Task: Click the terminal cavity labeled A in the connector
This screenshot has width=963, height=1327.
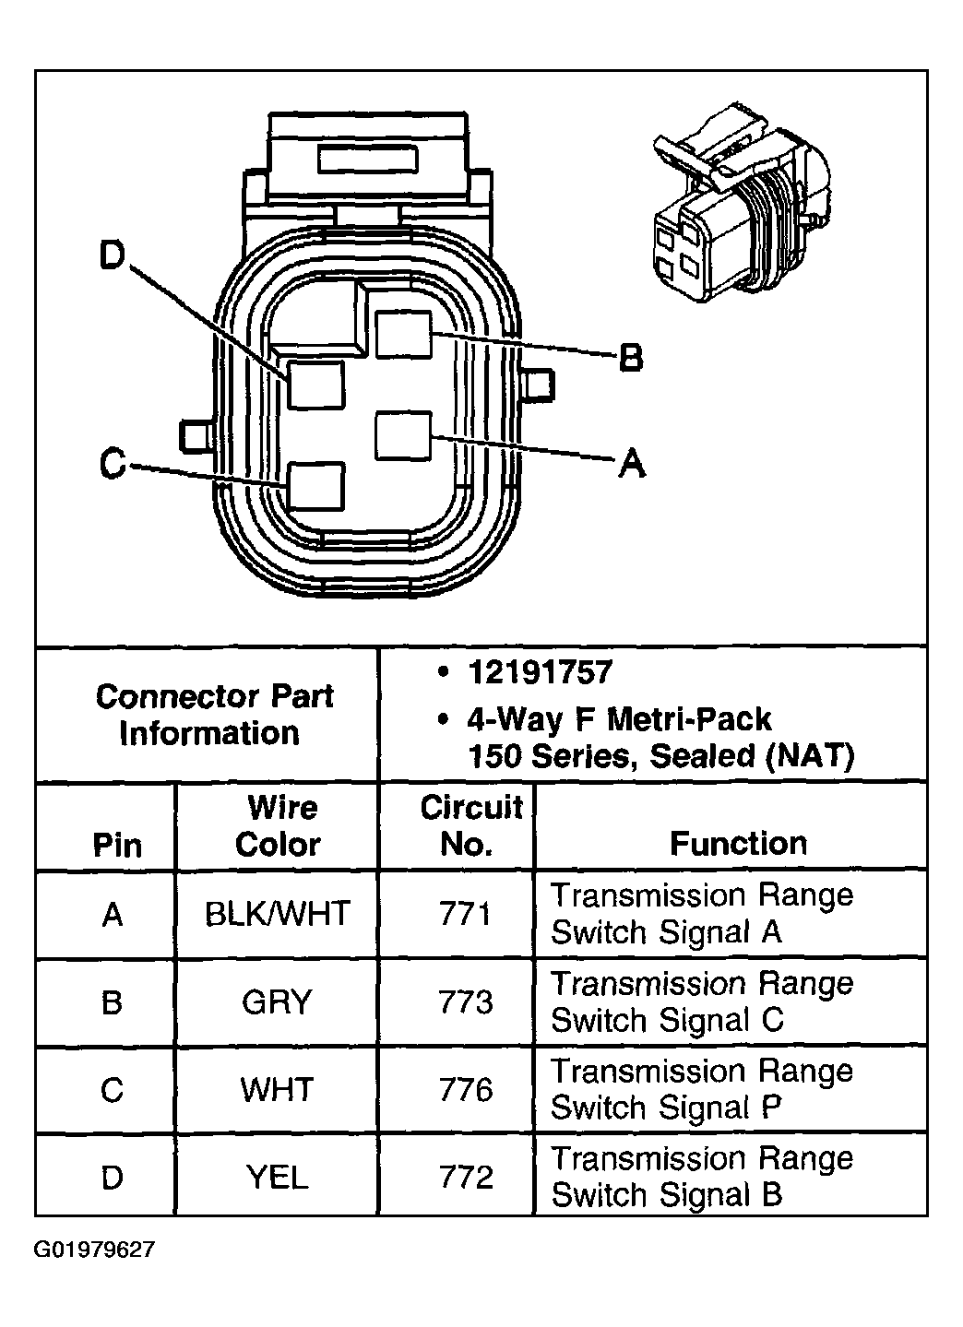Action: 403,435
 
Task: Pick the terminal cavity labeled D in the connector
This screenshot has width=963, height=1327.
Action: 315,385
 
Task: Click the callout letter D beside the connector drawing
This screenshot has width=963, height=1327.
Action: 112,256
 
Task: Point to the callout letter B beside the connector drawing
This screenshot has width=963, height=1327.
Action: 630,357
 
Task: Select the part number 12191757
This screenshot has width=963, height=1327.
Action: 540,672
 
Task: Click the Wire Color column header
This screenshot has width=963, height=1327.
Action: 278,826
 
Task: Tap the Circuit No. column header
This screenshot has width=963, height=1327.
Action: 470,826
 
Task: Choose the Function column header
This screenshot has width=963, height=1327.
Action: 738,843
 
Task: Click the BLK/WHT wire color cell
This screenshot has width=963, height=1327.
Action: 278,914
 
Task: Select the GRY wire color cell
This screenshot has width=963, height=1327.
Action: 278,1001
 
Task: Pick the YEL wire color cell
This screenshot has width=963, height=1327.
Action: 278,1178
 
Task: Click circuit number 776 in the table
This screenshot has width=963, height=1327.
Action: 467,1090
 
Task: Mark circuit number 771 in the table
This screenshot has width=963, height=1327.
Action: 467,914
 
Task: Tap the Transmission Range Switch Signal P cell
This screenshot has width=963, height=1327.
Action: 701,1089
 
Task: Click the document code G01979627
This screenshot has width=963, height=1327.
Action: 96,1250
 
